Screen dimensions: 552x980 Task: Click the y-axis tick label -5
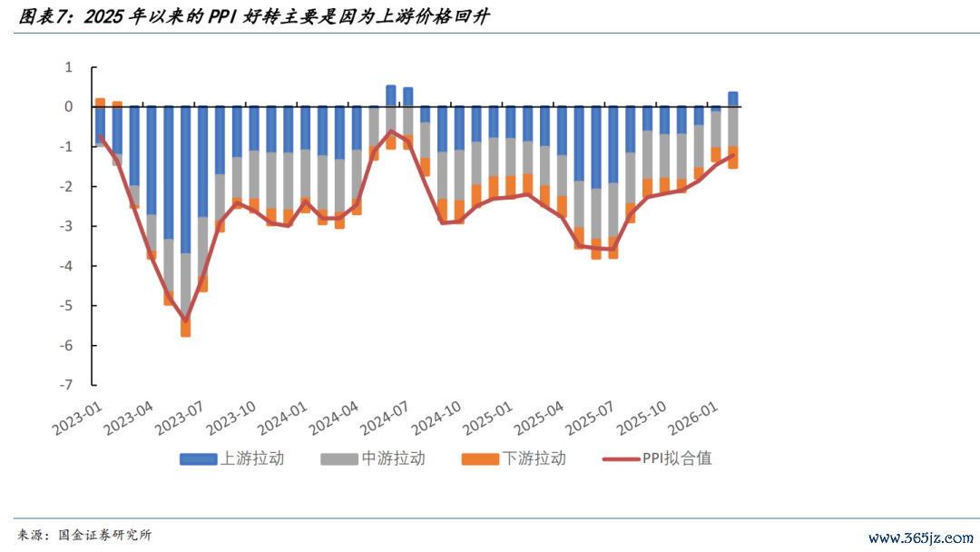67,306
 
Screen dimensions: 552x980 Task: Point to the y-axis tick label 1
68,67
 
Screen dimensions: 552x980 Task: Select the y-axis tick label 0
68,107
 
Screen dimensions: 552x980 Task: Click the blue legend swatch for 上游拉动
198,458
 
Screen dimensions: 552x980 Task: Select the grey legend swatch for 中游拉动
338,458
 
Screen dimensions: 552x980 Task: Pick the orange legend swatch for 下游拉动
480,458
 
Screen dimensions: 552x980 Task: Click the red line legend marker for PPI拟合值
621,458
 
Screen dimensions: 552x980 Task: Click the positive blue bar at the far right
732,99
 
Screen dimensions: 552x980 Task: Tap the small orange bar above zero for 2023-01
100,103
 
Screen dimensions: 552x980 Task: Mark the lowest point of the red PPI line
186,320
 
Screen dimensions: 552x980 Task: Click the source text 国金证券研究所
104,536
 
